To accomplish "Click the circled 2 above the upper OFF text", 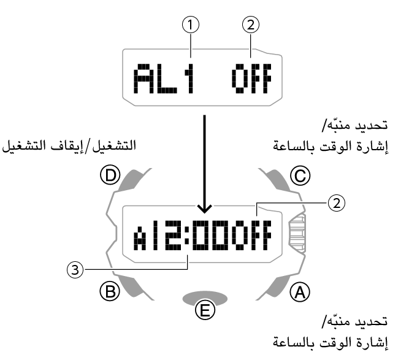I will click(251, 25).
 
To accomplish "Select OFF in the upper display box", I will click(250, 79).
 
